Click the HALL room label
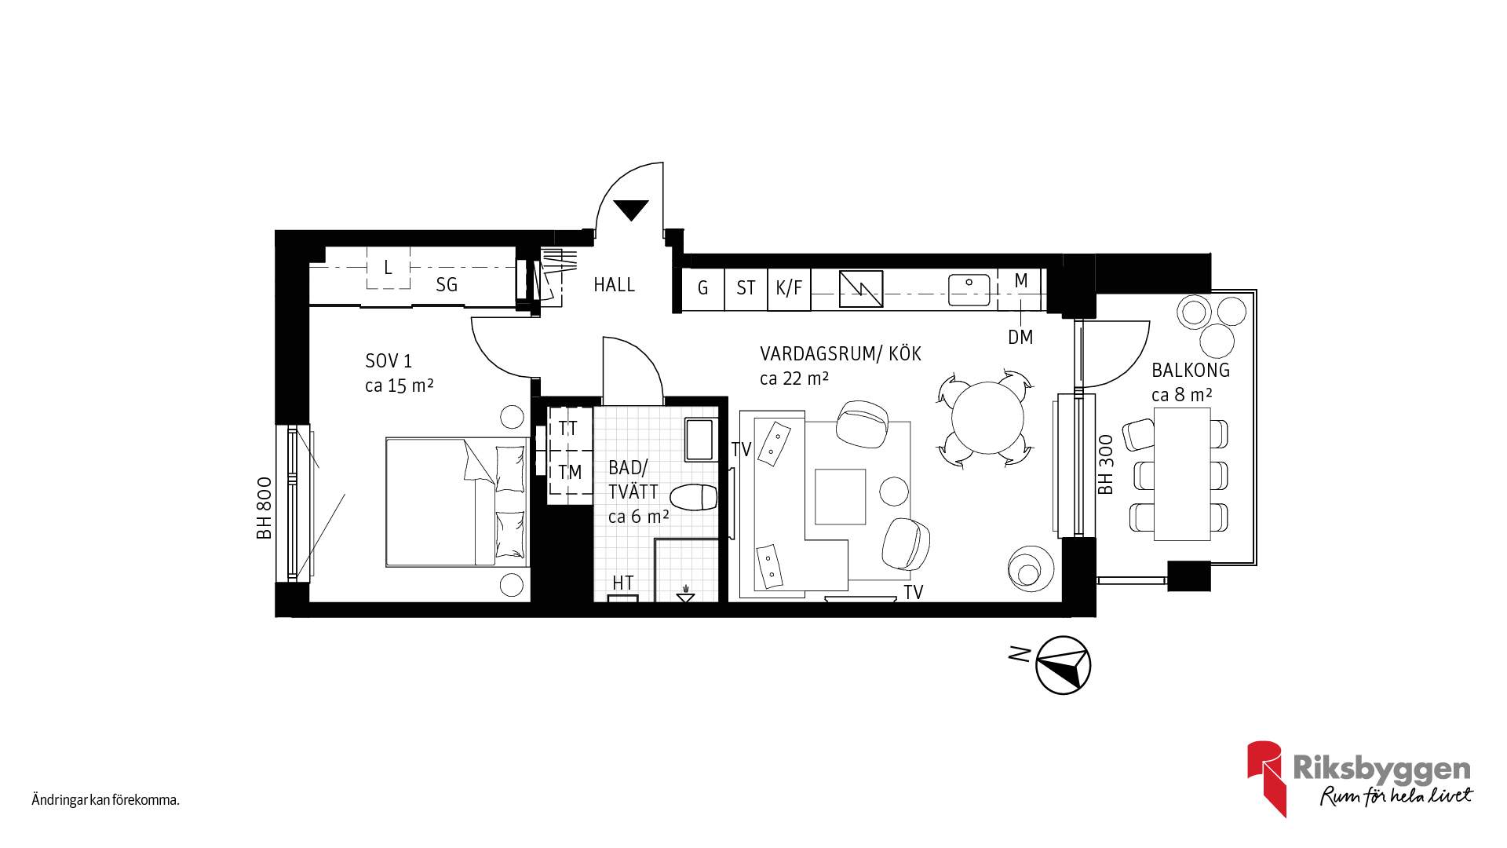click(614, 285)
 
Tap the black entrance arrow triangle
click(631, 210)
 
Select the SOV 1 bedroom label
click(389, 361)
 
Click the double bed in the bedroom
click(458, 502)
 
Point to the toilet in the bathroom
click(694, 497)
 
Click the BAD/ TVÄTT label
click(633, 480)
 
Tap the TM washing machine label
click(570, 472)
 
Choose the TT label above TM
click(567, 429)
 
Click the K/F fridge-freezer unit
click(789, 288)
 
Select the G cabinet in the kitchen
click(702, 288)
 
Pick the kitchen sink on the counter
click(969, 290)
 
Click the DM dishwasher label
click(1020, 338)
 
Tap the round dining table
click(987, 418)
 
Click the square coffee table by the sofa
click(840, 496)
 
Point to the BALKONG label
click(1191, 371)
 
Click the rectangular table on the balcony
click(1182, 474)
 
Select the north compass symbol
click(1063, 665)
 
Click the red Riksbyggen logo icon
click(1266, 778)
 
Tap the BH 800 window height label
click(265, 508)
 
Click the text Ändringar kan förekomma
click(106, 800)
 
